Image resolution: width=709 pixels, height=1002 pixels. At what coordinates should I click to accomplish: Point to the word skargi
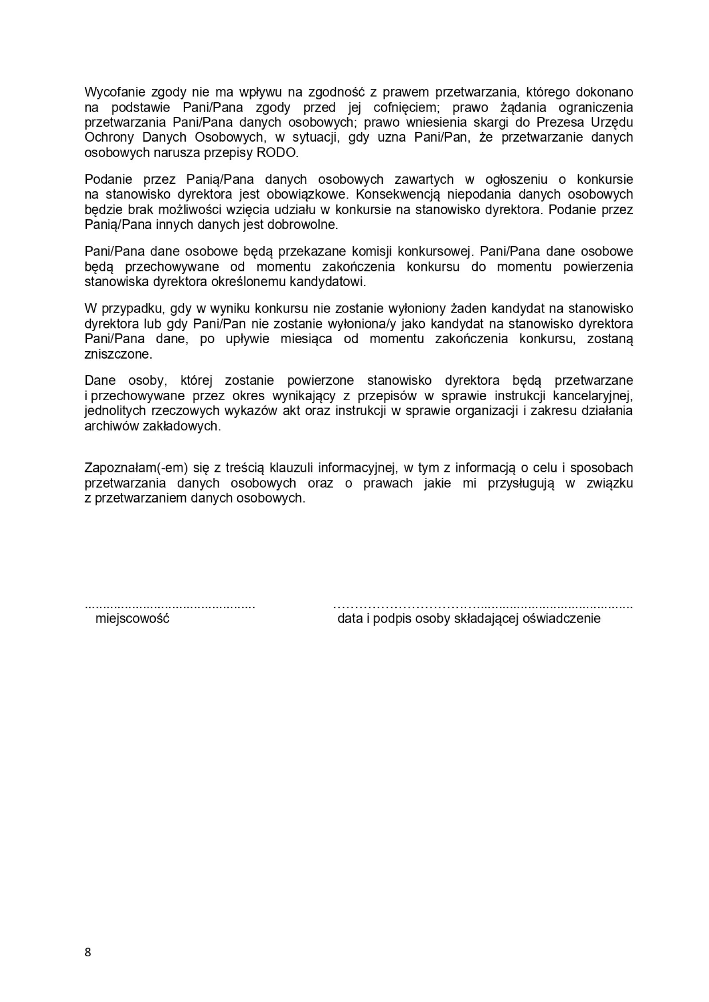469,122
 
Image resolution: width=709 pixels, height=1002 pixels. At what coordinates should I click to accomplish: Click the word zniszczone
118,354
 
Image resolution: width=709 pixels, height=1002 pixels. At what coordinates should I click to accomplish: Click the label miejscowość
132,618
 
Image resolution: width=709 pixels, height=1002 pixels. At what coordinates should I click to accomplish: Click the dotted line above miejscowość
170,607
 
